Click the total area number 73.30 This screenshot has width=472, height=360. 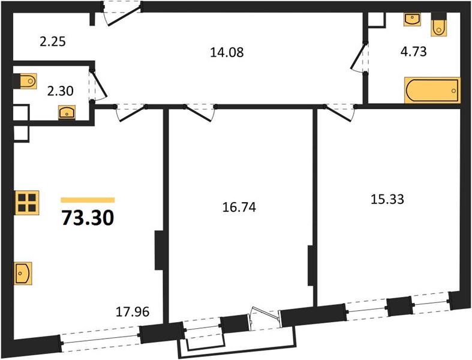coord(88,218)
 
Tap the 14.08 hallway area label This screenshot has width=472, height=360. coord(227,52)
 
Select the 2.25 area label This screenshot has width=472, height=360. coord(53,41)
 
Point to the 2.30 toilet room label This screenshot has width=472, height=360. coord(60,91)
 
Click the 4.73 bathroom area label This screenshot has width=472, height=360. coord(413,52)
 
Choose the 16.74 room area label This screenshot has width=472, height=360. coord(239,207)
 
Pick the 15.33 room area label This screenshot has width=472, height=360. coord(387,199)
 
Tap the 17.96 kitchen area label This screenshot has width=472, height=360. coord(133,312)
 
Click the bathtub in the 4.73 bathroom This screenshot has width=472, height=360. coord(432,91)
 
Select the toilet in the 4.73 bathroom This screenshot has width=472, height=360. coord(438,24)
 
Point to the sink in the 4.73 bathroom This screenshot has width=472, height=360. coord(412,19)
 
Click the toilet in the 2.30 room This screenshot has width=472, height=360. coord(25,81)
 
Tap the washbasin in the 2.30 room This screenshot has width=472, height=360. coord(67,112)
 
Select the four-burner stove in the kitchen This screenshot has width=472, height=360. coord(27,203)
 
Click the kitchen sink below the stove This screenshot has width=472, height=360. coord(23,273)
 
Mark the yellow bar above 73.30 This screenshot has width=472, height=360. coord(88,200)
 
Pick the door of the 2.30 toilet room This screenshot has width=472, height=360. coord(99,85)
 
